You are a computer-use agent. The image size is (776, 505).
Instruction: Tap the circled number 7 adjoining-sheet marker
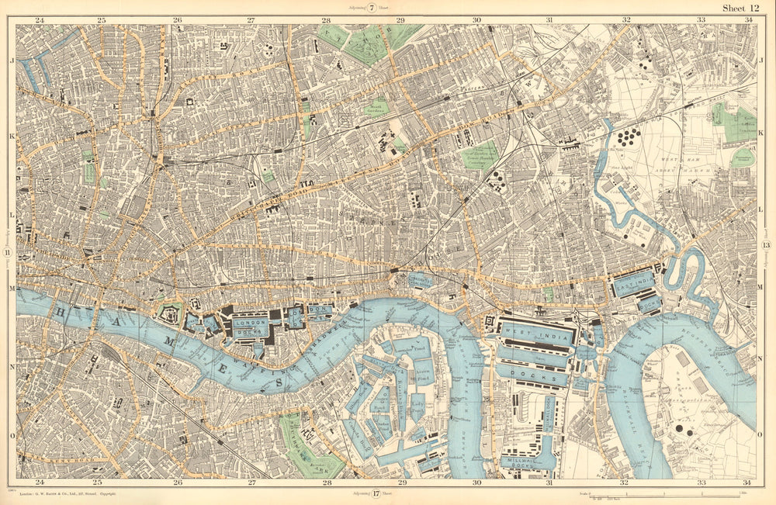pyautogui.click(x=372, y=8)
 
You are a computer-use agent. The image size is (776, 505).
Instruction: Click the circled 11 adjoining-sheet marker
pyautogui.click(x=7, y=254)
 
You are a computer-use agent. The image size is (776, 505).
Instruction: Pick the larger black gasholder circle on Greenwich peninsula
pyautogui.click(x=680, y=427)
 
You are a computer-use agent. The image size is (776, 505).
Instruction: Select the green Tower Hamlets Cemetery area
pyautogui.click(x=480, y=155)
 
